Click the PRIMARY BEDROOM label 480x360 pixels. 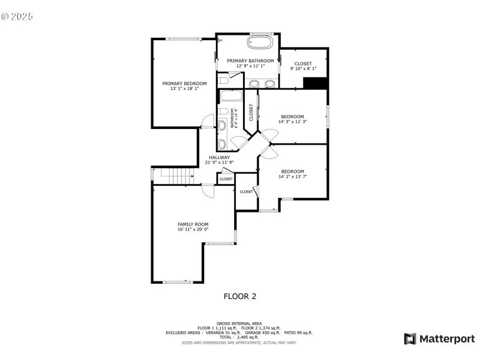click(x=184, y=83)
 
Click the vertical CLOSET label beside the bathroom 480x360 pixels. click(x=251, y=113)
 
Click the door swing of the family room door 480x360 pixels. click(x=208, y=190)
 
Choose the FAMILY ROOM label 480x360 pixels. click(x=193, y=224)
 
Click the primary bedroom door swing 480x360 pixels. click(x=207, y=121)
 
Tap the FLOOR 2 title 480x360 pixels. click(x=240, y=296)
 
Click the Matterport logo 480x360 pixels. click(x=439, y=339)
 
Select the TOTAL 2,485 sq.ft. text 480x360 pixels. click(x=239, y=337)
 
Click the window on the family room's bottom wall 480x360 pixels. click(x=178, y=282)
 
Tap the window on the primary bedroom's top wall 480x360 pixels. click(x=184, y=39)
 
